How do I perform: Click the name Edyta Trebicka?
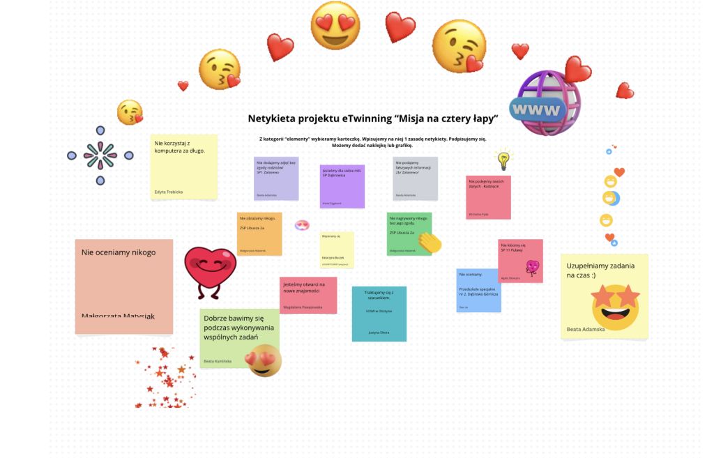169,191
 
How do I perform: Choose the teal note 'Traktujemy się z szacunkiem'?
379,314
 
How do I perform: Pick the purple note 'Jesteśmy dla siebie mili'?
342,186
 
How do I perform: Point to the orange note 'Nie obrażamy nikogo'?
259,234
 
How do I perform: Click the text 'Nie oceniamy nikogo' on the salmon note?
119,252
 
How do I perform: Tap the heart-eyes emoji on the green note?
264,360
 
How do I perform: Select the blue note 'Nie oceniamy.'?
478,290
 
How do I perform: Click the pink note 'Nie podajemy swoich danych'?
488,197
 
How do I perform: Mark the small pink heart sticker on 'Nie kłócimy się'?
533,268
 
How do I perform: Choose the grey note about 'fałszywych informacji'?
415,178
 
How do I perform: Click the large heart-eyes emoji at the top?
335,26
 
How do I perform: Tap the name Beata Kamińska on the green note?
219,362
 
